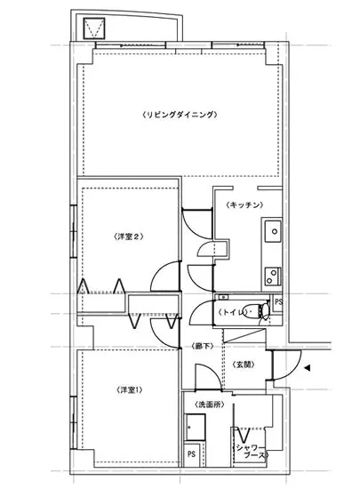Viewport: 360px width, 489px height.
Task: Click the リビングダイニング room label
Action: coord(180,115)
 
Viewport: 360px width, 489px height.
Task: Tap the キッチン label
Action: coord(245,204)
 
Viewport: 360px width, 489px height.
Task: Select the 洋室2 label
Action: coord(128,236)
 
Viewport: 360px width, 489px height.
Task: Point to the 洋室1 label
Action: coord(130,389)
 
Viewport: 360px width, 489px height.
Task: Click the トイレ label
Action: coord(233,312)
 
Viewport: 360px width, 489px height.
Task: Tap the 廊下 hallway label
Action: coord(203,346)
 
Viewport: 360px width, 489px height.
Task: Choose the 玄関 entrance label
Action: coord(244,365)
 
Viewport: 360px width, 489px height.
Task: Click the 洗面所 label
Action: coord(210,405)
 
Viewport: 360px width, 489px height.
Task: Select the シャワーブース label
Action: coord(252,452)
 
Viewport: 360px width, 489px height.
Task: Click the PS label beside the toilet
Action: coord(278,302)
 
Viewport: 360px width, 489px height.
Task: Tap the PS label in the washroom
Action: coord(191,453)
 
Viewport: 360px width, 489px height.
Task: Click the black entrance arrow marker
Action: coord(307,368)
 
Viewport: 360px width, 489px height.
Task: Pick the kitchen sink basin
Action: coord(273,231)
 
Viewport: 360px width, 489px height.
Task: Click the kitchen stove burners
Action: coord(273,276)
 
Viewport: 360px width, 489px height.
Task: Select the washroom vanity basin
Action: coord(196,427)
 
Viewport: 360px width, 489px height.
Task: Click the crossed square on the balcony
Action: coord(94,28)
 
